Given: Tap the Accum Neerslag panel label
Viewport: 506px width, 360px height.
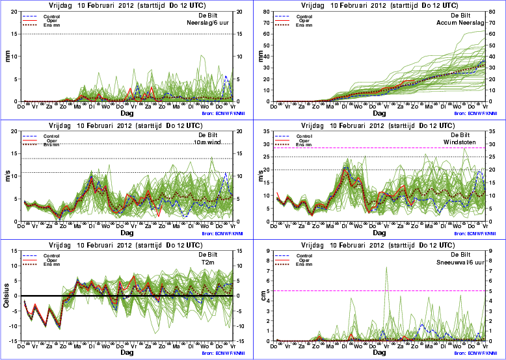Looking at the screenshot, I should coord(462,21).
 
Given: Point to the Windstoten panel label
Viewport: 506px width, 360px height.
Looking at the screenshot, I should coord(465,142).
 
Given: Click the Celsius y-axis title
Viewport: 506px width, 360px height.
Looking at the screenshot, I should coord(8,301).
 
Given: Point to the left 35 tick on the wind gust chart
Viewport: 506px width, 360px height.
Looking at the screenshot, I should coord(266,131).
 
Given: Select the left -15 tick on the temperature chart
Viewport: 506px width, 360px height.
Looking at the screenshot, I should coord(14,341).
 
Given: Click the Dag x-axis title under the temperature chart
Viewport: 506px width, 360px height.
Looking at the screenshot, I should coord(127,353).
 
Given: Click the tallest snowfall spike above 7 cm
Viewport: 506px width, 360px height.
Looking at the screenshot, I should coord(386,267).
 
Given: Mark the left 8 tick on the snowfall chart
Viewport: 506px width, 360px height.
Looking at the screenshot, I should coord(267,261).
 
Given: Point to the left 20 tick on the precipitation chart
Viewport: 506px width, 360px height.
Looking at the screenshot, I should coord(16,11).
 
